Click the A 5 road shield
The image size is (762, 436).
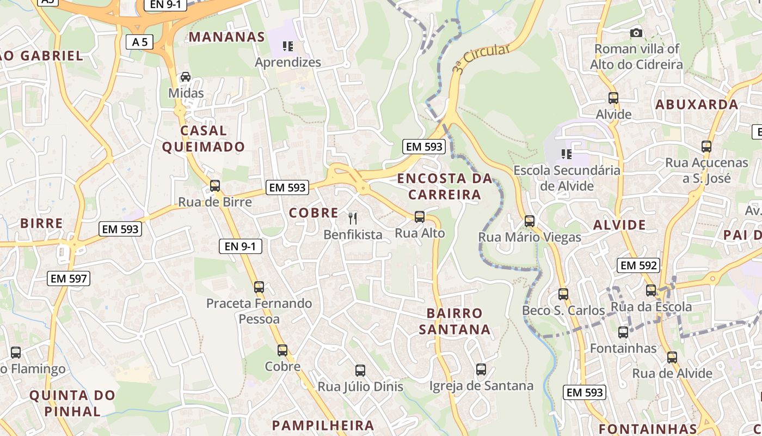139,42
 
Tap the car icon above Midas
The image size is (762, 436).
186,77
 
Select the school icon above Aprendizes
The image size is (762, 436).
288,46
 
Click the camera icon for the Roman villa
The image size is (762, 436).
636,33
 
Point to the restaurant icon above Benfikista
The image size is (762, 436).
353,219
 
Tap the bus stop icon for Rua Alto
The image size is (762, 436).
419,217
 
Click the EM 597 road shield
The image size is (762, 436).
69,278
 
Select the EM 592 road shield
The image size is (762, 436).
638,265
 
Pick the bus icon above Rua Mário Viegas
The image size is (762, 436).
530,221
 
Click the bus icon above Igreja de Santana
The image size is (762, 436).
481,370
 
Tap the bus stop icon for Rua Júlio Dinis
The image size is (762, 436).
360,371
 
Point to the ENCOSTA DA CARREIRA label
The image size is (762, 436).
445,186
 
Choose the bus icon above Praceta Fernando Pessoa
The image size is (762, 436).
259,287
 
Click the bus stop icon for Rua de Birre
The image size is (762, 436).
215,186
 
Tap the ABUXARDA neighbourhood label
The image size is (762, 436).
697,105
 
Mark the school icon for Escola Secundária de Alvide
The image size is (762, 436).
567,154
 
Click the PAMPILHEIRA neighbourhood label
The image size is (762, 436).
323,426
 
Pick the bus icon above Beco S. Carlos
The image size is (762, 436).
563,294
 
